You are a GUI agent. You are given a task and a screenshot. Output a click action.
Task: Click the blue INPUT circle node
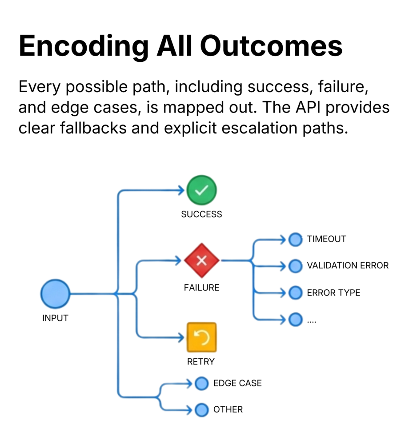[55, 294]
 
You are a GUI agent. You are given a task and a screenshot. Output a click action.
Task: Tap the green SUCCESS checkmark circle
[201, 190]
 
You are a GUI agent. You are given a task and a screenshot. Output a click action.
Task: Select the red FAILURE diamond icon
[202, 261]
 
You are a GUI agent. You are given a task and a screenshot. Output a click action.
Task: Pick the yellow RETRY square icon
[201, 337]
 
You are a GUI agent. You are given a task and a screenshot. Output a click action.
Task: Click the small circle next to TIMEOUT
[295, 239]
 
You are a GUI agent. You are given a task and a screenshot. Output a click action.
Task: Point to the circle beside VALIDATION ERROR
[295, 266]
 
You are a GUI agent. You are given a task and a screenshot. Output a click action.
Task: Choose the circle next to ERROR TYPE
[295, 293]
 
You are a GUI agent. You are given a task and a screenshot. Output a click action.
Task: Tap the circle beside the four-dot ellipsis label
[295, 319]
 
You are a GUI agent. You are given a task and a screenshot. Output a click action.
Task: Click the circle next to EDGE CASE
[201, 383]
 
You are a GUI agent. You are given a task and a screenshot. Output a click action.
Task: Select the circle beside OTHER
[201, 409]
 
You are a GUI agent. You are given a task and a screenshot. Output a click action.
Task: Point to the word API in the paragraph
[309, 107]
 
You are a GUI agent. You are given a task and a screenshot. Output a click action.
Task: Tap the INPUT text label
[55, 318]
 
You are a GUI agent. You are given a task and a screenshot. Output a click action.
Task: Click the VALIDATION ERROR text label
[348, 266]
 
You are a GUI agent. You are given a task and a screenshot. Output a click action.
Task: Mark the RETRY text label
[201, 362]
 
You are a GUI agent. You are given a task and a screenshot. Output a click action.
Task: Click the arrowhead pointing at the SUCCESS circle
[181, 190]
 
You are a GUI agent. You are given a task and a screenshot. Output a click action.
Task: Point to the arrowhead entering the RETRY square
[181, 337]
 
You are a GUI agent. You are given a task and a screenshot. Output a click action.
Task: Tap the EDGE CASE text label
[237, 383]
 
